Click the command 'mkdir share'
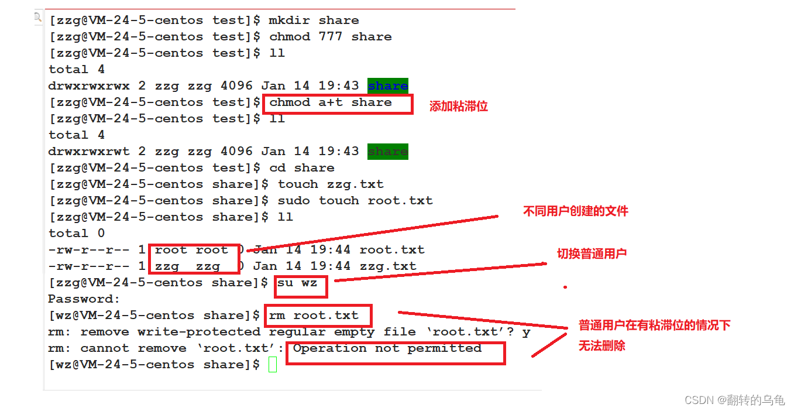point(314,20)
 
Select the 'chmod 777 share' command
point(330,37)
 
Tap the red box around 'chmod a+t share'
point(338,103)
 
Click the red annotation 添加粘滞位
point(458,107)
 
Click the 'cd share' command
point(301,168)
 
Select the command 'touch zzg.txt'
point(331,184)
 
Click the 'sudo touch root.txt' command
point(355,201)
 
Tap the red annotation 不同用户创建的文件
point(575,211)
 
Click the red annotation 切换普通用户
point(592,254)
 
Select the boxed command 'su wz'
point(301,283)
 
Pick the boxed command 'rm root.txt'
point(318,316)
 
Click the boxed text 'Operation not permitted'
point(387,349)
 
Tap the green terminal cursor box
point(272,365)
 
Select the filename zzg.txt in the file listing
point(388,266)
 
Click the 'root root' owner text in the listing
point(191,250)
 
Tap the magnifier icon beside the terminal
point(38,18)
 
